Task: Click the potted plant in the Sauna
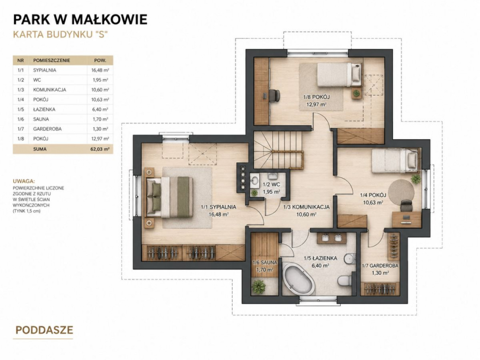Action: (x=259, y=287)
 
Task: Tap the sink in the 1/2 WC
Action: (x=255, y=181)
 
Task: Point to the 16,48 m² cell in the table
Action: (x=100, y=70)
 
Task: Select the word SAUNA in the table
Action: (x=41, y=119)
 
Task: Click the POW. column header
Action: (x=100, y=60)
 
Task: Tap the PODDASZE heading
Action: (x=45, y=330)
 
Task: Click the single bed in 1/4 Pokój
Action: (x=395, y=160)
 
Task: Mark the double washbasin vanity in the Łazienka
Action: (x=332, y=238)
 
